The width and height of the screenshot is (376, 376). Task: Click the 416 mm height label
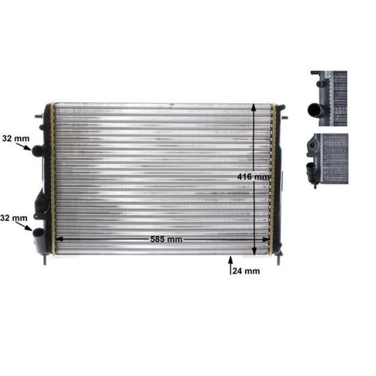click(x=253, y=177)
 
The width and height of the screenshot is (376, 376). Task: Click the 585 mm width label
click(x=166, y=239)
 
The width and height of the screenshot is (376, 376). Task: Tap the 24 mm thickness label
click(x=246, y=271)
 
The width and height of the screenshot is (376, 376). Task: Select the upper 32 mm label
click(x=16, y=138)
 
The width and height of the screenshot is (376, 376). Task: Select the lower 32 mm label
click(x=14, y=218)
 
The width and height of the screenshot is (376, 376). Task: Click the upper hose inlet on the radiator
click(x=39, y=150)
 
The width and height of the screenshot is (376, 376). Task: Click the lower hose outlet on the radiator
click(x=38, y=232)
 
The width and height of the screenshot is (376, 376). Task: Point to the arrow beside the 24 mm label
click(x=230, y=265)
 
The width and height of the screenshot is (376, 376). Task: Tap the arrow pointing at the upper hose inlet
click(x=24, y=146)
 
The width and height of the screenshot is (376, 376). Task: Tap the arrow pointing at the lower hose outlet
click(x=24, y=226)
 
